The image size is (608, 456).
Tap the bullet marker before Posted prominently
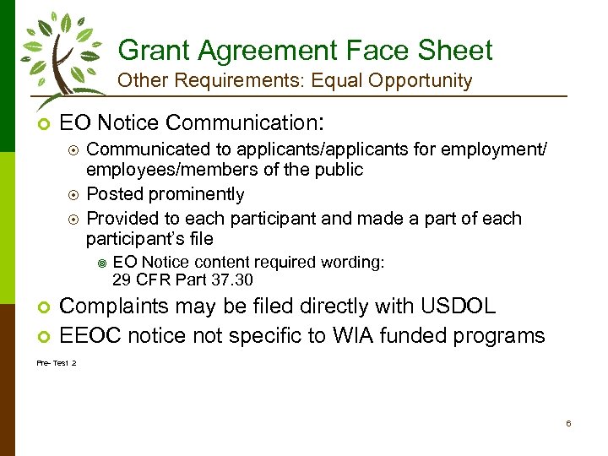point(73,195)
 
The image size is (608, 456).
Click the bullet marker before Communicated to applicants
point(73,150)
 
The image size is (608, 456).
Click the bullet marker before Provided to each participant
point(73,219)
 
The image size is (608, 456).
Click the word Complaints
point(108,306)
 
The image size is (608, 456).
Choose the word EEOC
point(89,335)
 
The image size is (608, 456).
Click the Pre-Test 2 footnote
point(56,362)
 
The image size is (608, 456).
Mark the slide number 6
point(568,423)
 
